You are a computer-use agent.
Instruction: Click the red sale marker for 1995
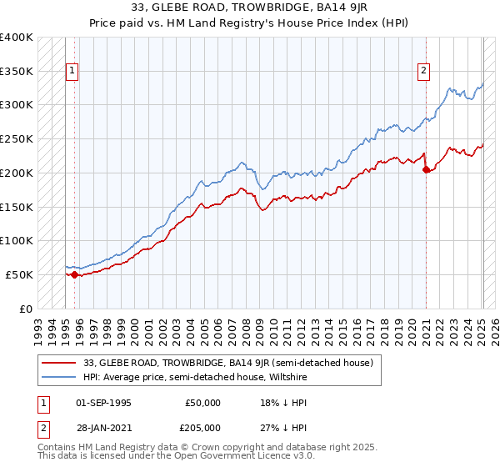[74, 274]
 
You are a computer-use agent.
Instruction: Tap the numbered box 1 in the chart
[72, 72]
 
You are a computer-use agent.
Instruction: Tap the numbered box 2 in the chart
[424, 72]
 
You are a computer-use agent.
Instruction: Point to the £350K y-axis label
[17, 72]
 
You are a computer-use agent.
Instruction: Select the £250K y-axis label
[17, 139]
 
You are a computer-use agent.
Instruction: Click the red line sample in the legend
[58, 363]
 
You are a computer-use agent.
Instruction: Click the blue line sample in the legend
[58, 376]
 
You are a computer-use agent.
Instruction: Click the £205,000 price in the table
[203, 427]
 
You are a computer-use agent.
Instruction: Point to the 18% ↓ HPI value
[275, 402]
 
